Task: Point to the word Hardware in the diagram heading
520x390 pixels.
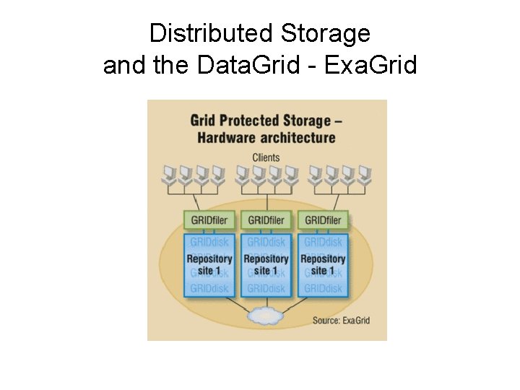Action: pyautogui.click(x=223, y=137)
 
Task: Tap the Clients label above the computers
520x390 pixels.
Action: pyautogui.click(x=266, y=157)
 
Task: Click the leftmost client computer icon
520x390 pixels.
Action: pyautogui.click(x=170, y=174)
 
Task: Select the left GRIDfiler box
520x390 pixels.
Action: pyautogui.click(x=209, y=220)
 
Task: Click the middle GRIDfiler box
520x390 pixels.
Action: pyautogui.click(x=266, y=220)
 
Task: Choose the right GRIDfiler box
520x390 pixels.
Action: pyautogui.click(x=324, y=220)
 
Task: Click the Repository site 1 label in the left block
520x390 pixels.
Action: pyautogui.click(x=209, y=264)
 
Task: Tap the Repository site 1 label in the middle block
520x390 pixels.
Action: pyautogui.click(x=266, y=264)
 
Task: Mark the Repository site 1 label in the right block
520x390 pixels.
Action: pyautogui.click(x=324, y=264)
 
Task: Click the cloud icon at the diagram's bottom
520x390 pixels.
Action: pyautogui.click(x=266, y=315)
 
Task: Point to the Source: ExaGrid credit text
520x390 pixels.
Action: pyautogui.click(x=341, y=319)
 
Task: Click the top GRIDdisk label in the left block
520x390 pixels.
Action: pyautogui.click(x=209, y=242)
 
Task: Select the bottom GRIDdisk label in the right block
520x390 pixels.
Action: pyautogui.click(x=324, y=288)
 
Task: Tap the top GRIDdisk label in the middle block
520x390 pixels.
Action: pyautogui.click(x=266, y=242)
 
